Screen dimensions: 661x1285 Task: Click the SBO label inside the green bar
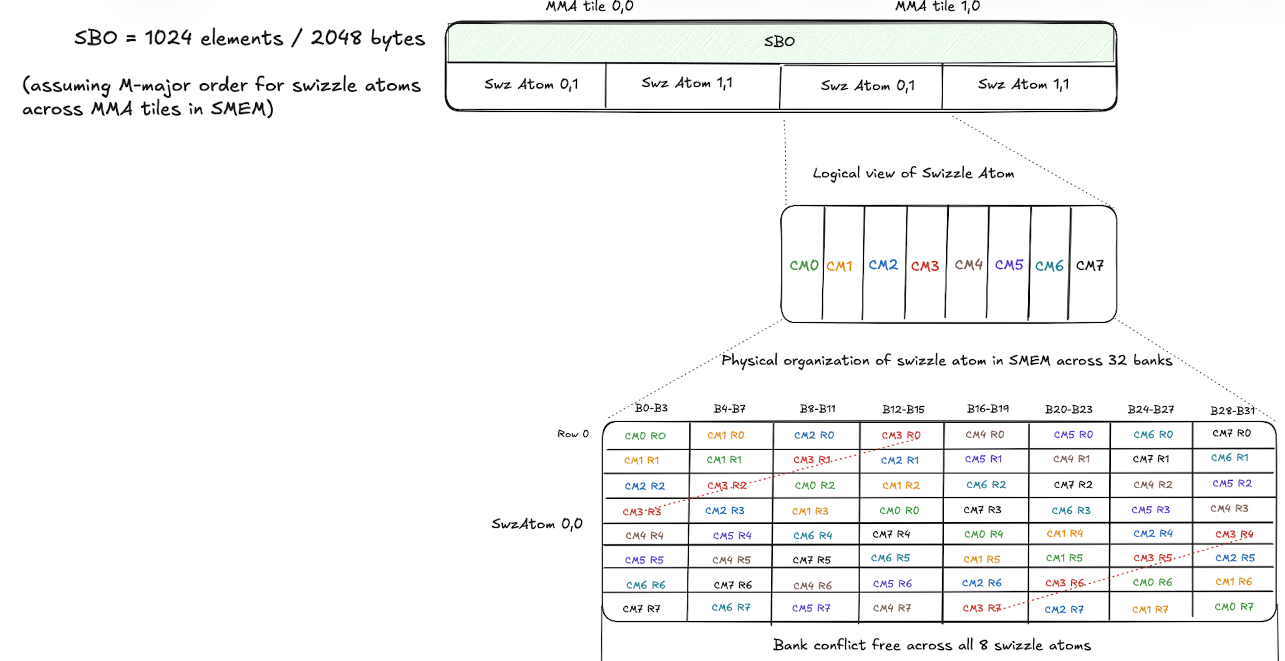(x=779, y=41)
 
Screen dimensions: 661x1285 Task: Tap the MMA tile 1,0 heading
(x=937, y=7)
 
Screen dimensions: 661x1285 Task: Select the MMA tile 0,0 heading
(x=589, y=7)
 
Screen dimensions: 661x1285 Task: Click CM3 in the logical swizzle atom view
(x=924, y=266)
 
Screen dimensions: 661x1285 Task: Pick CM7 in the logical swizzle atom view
(x=1089, y=266)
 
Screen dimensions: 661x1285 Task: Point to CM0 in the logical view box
(x=803, y=266)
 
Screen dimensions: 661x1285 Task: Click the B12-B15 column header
(x=903, y=410)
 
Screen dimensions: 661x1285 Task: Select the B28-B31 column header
(x=1232, y=410)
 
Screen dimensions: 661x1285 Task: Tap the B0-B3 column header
(x=651, y=408)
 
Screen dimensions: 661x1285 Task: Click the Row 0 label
(x=573, y=434)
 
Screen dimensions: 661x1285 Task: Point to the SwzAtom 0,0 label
(x=536, y=524)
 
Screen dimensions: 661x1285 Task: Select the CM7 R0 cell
(x=1231, y=433)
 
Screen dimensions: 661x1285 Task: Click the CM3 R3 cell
(x=641, y=512)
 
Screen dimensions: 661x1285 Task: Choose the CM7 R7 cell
(x=641, y=609)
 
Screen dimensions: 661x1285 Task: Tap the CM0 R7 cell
(x=1233, y=607)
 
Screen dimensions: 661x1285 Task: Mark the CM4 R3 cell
(x=1229, y=509)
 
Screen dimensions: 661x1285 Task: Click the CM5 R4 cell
(x=732, y=536)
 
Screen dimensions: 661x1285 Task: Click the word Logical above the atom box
(x=836, y=173)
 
